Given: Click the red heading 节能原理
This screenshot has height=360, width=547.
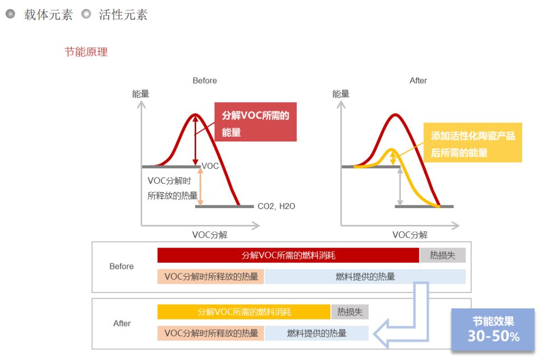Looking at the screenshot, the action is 86,52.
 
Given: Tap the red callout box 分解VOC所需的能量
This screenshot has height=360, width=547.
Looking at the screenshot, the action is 255,122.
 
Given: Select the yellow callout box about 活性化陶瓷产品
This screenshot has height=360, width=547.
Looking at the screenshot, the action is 473,143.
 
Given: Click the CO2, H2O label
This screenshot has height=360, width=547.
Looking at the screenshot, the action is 276,206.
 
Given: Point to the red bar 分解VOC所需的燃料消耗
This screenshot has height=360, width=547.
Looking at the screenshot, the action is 288,255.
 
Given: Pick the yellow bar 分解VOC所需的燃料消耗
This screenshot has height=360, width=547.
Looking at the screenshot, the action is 244,312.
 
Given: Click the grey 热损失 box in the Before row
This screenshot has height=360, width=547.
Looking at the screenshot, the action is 443,255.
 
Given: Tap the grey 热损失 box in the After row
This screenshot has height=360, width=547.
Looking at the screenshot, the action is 350,312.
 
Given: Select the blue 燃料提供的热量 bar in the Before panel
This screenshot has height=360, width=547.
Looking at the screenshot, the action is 365,277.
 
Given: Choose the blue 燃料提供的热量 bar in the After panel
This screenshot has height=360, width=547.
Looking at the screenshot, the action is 317,333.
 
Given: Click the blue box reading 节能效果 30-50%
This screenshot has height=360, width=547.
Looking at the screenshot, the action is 493,329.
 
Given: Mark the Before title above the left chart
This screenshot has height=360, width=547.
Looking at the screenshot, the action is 205,81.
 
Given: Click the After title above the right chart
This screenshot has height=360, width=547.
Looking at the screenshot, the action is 418,81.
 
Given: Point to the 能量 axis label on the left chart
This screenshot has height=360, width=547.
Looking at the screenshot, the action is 141,93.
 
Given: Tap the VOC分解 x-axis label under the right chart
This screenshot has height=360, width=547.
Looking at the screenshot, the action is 410,235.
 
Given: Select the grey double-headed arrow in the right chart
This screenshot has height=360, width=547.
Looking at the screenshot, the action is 400,187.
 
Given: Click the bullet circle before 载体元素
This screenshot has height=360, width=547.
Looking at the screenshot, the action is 11,14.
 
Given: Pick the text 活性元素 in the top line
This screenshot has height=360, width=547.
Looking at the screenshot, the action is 123,15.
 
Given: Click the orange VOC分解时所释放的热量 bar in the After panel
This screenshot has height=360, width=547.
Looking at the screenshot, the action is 210,333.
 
